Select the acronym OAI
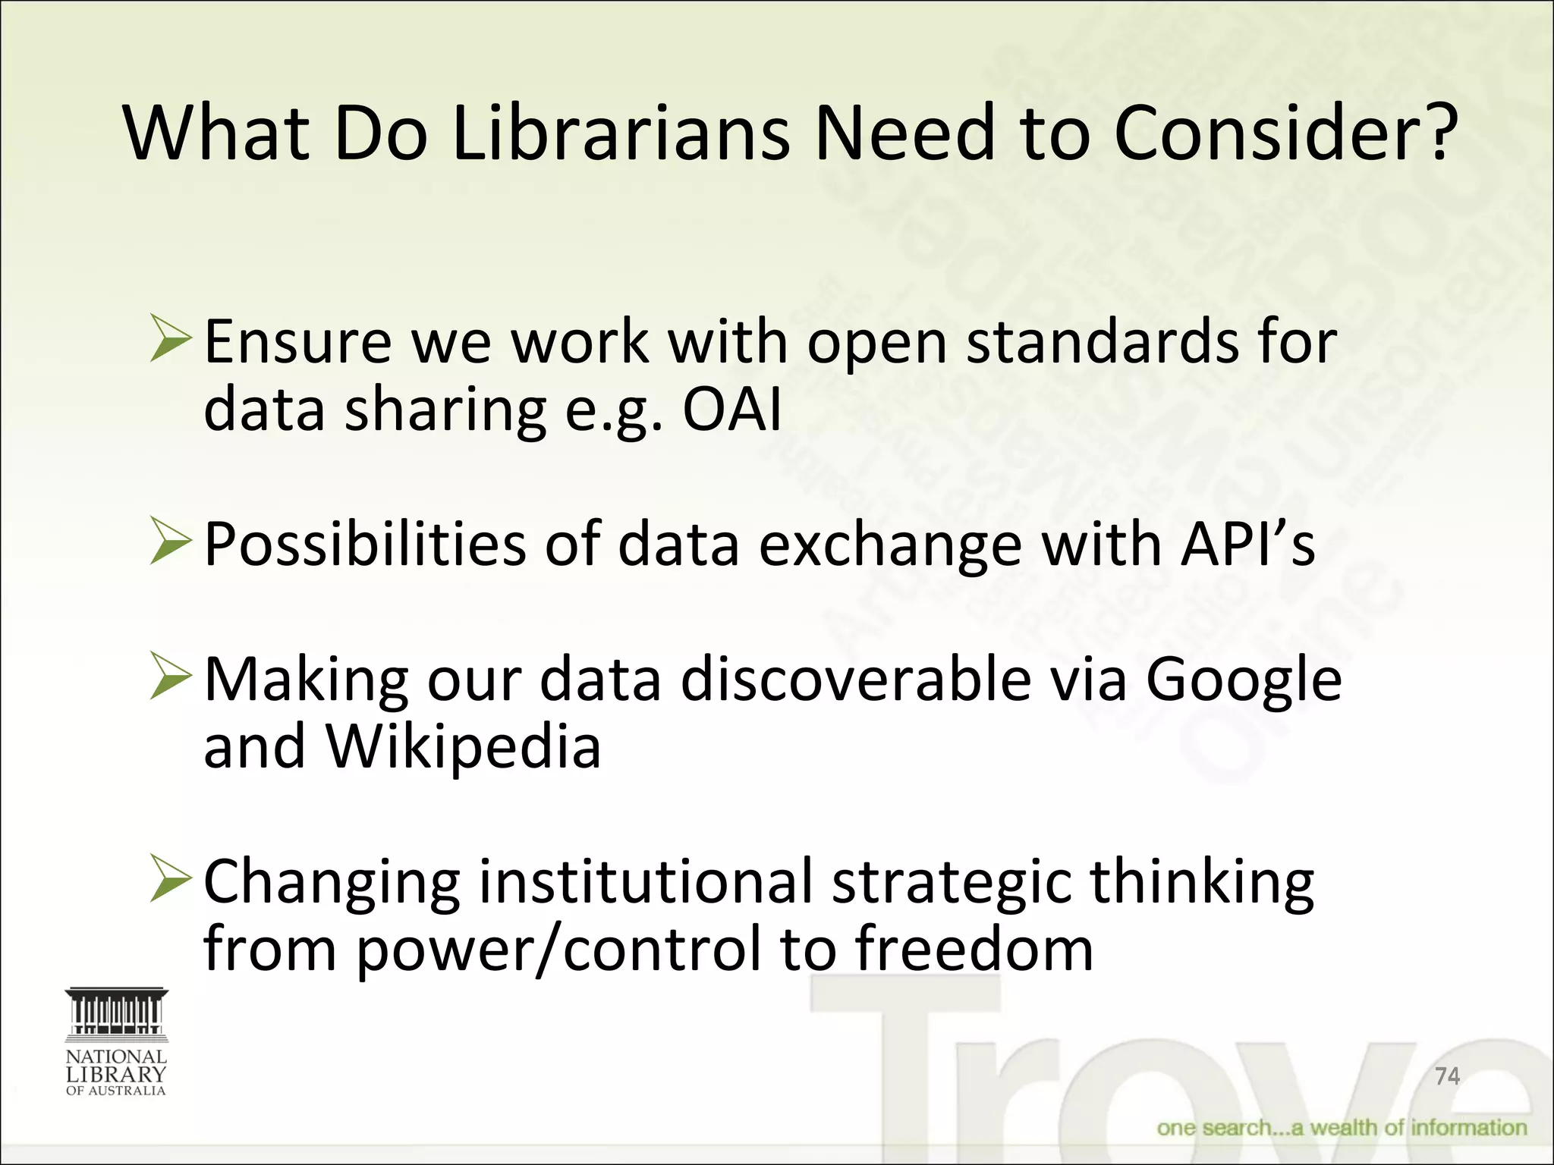click(x=731, y=410)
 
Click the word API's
click(x=1247, y=544)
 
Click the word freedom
click(x=974, y=949)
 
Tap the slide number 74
click(x=1447, y=1076)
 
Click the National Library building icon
click(x=116, y=1013)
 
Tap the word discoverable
click(x=855, y=680)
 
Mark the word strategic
click(x=952, y=881)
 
